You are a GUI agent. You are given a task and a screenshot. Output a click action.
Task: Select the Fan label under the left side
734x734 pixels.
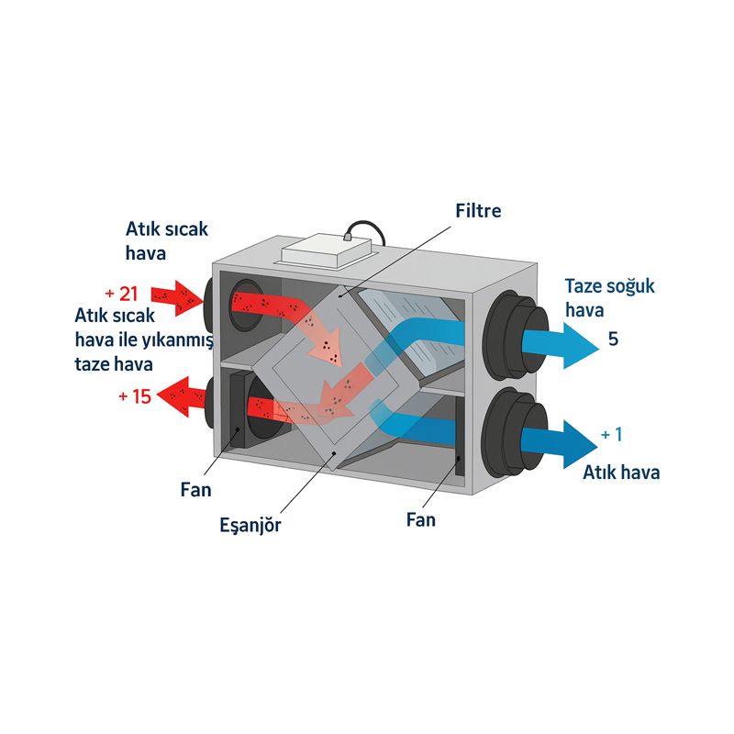coord(195,489)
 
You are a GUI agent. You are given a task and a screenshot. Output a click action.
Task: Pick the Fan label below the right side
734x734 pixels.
coord(421,519)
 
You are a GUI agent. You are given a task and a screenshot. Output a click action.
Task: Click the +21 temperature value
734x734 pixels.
coord(121,294)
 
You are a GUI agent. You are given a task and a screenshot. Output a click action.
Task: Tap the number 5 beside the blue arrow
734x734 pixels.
coord(613,339)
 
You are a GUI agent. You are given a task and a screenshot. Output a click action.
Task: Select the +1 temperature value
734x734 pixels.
coord(612,434)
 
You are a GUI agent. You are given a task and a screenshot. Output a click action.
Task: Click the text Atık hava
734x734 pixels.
coord(621,473)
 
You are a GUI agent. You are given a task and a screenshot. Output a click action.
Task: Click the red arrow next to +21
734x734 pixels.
coord(174,295)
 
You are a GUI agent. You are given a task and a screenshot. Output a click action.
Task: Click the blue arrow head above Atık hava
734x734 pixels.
coord(574,443)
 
